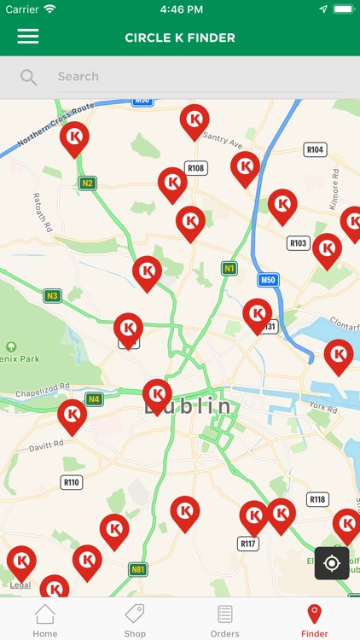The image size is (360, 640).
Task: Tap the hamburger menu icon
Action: click(x=28, y=37)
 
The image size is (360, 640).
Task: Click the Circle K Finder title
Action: click(x=180, y=38)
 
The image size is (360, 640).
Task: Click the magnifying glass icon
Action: click(x=29, y=77)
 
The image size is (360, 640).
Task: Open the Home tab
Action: click(x=45, y=620)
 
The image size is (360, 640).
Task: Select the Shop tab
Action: click(x=135, y=620)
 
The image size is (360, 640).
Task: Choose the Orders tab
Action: click(x=224, y=620)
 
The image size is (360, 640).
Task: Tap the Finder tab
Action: click(x=314, y=620)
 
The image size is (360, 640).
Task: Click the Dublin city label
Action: click(x=188, y=407)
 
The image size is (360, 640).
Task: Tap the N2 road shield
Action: click(x=87, y=183)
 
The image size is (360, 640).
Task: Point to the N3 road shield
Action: click(x=52, y=295)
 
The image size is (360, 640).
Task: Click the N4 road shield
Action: click(x=93, y=399)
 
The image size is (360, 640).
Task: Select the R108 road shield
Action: click(x=196, y=168)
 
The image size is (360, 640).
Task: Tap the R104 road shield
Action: click(x=316, y=149)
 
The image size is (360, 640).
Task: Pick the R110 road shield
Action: click(x=72, y=482)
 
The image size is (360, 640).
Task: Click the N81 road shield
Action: click(x=137, y=569)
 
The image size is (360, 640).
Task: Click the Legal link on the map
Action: click(x=20, y=585)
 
